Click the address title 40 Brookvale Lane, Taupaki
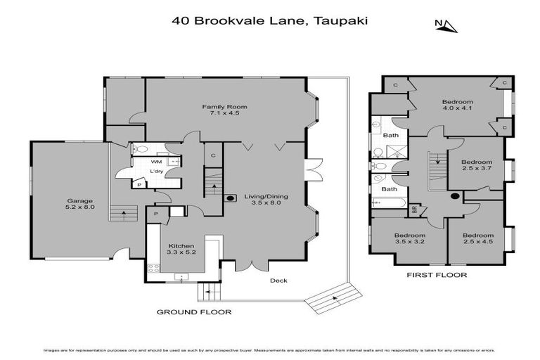(271, 20)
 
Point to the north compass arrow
(447, 26)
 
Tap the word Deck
(279, 281)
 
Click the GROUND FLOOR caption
(193, 311)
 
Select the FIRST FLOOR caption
(437, 276)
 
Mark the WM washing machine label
(156, 162)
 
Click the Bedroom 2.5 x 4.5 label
(478, 238)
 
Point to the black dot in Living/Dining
(230, 198)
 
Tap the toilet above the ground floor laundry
(139, 149)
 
